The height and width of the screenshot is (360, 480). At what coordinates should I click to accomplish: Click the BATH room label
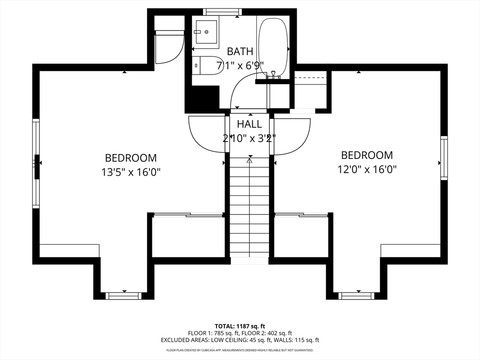point(240,52)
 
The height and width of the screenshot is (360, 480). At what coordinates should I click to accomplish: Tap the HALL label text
point(249,124)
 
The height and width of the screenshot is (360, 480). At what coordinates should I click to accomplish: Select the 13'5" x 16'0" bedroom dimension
point(131,172)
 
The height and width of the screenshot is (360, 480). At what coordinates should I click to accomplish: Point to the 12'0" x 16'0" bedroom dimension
point(367,169)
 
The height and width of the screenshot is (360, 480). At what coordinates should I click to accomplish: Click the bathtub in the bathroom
point(273,46)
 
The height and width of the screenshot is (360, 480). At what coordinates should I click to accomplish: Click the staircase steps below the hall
point(249,208)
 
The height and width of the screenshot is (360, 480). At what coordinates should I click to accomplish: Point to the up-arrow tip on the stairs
point(249,158)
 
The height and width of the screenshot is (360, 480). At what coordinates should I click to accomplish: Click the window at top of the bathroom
point(223,12)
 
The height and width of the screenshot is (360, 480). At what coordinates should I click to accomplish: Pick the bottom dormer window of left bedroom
point(124,296)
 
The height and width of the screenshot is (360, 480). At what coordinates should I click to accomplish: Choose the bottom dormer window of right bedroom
point(356,296)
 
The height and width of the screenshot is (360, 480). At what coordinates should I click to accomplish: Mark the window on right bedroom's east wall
point(444,157)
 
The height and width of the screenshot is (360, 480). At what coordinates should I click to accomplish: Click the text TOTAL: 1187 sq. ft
point(238,326)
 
